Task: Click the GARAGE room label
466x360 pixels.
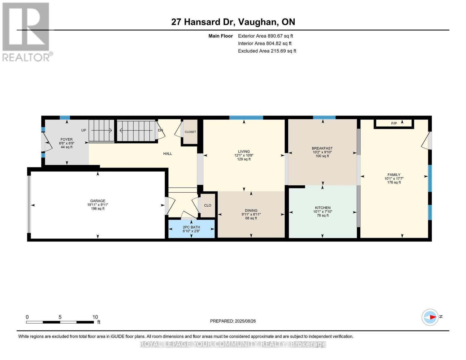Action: pos(98,201)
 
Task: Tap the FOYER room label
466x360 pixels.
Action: pos(66,139)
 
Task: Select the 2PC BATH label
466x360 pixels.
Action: pos(191,227)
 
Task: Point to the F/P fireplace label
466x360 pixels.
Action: pos(394,124)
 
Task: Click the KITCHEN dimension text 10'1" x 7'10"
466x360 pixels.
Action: pos(323,211)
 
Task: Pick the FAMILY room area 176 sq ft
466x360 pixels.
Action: pos(394,182)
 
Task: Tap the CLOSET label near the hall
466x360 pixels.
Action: pos(190,132)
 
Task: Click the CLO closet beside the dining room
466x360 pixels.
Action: pos(208,205)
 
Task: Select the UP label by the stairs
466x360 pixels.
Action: pos(84,130)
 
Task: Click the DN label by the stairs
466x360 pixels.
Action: pos(161,130)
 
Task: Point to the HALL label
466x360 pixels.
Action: pos(167,154)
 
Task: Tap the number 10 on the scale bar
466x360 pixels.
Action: pos(95,317)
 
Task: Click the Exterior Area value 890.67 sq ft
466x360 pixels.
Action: pos(280,36)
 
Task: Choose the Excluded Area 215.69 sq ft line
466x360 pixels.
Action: pos(267,51)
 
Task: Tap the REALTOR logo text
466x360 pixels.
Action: pos(26,57)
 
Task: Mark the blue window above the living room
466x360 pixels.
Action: pos(246,118)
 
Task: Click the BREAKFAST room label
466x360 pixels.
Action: pos(322,148)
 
